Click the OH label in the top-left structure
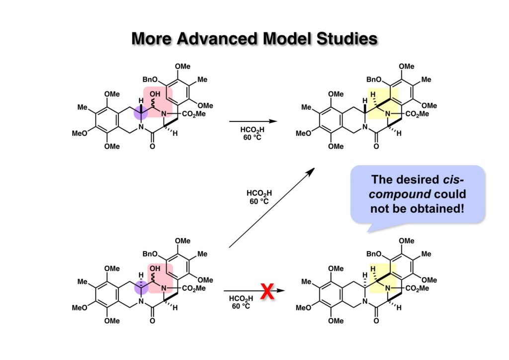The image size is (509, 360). (x=158, y=94)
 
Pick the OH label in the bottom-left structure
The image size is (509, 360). (x=158, y=269)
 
